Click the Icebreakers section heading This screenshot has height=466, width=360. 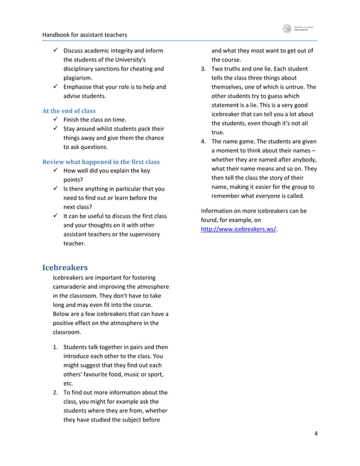click(65, 266)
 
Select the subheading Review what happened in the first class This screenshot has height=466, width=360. click(101, 162)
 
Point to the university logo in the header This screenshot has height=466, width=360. click(299, 29)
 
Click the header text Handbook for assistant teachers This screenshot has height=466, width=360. click(85, 34)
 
